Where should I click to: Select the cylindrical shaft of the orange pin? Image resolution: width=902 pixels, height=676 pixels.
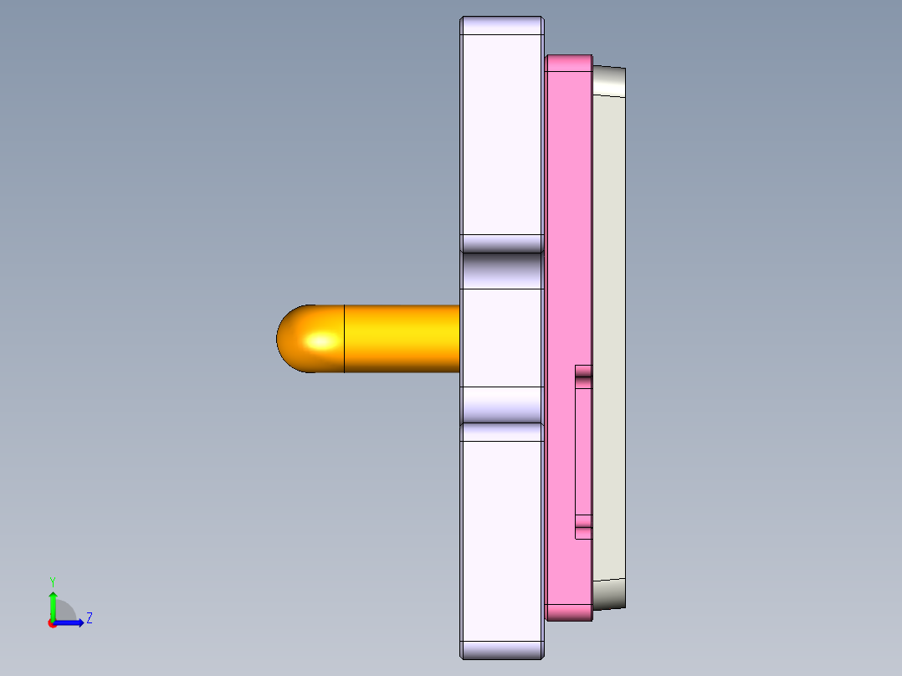click(x=402, y=339)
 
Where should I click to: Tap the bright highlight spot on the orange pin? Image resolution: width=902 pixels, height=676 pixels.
click(x=321, y=341)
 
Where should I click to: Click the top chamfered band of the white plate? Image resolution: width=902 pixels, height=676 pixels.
click(x=502, y=26)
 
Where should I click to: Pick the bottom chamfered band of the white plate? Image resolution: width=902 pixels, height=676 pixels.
click(x=502, y=650)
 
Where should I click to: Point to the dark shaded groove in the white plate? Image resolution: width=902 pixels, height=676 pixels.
click(x=502, y=270)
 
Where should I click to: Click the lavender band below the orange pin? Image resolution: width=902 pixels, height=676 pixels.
click(x=502, y=405)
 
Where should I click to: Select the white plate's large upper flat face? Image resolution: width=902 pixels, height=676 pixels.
click(x=502, y=134)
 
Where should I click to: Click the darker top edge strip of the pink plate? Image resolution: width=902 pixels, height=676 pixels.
click(x=569, y=63)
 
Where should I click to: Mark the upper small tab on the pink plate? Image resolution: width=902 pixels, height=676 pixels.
click(x=583, y=372)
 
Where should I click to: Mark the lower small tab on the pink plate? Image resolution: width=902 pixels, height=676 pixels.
click(x=583, y=531)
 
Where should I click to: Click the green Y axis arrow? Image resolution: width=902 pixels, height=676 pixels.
click(x=53, y=602)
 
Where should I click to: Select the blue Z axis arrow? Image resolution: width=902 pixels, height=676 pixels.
click(x=71, y=622)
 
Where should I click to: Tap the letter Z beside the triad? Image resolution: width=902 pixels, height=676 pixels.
click(x=89, y=618)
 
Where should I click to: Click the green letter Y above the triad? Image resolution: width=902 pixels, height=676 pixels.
click(x=53, y=581)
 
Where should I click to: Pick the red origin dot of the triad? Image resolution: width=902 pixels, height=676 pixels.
click(x=52, y=623)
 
